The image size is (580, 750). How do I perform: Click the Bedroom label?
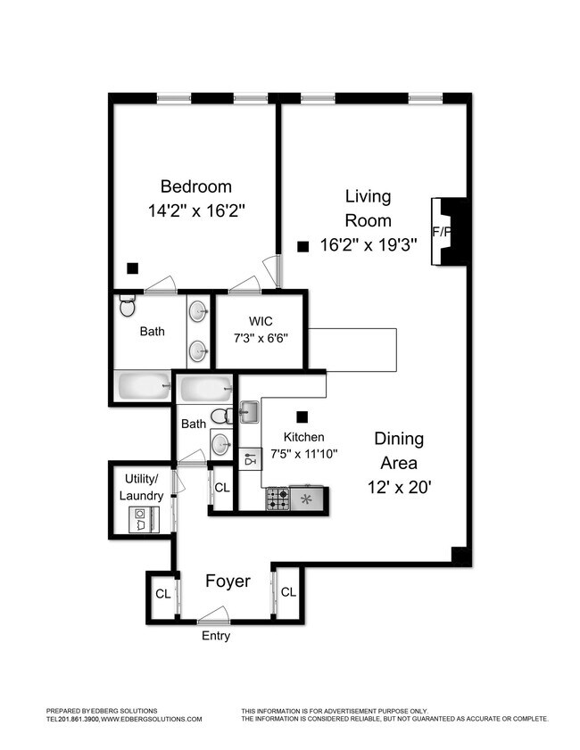click(x=195, y=186)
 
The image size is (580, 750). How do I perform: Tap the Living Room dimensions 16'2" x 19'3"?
click(x=369, y=246)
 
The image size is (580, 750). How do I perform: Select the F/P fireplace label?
click(x=440, y=232)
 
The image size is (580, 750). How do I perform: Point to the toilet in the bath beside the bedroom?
click(x=127, y=307)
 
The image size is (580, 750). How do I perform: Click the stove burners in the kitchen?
click(x=278, y=499)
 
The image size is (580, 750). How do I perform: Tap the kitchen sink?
click(x=249, y=413)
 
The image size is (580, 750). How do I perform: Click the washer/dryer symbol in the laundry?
click(x=141, y=517)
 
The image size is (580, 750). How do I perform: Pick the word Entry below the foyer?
click(x=216, y=636)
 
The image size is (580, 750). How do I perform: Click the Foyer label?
click(x=228, y=581)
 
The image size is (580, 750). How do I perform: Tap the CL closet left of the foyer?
click(x=162, y=593)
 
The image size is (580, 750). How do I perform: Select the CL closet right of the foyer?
click(x=288, y=592)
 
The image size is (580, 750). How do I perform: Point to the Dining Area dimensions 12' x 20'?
click(x=399, y=488)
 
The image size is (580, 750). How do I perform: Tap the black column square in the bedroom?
click(x=132, y=267)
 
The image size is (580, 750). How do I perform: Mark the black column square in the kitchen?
click(x=302, y=416)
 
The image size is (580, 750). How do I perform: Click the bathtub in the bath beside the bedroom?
click(x=144, y=387)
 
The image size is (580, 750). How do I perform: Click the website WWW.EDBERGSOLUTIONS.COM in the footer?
click(x=152, y=719)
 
